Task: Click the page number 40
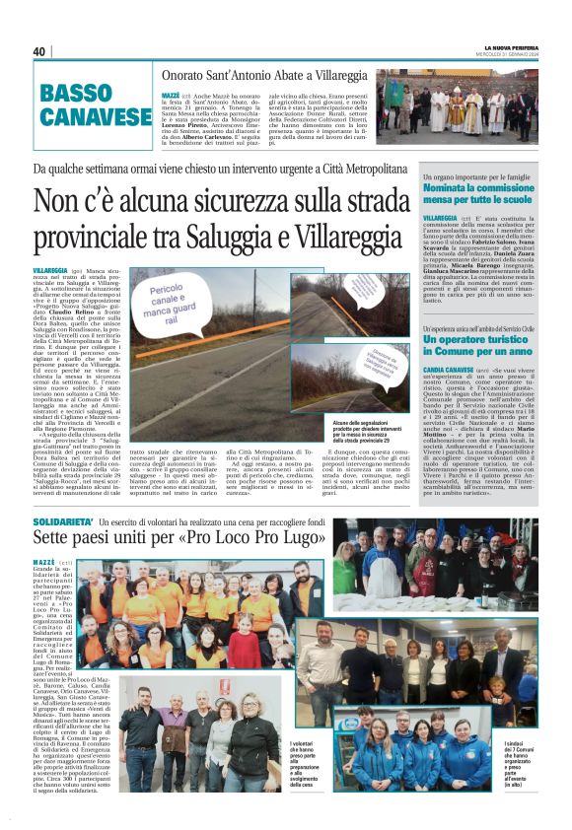pos(39,51)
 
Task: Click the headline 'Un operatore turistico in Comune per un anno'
pos(483,344)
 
